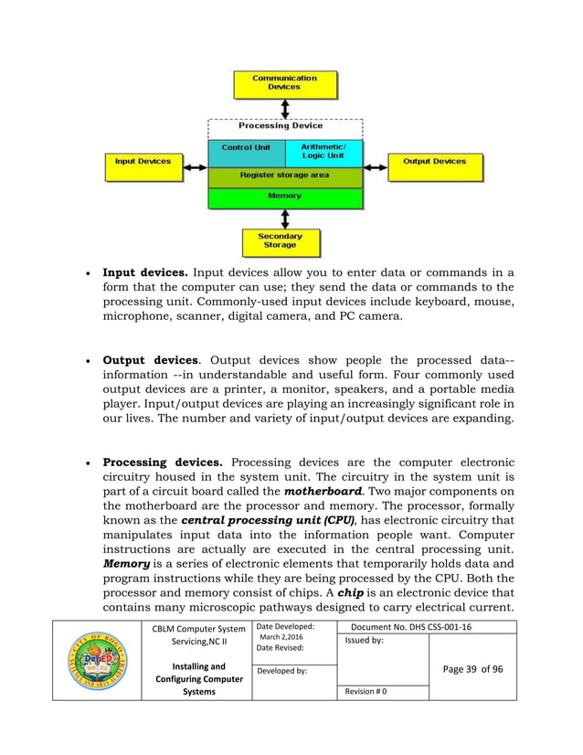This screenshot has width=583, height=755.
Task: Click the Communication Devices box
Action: pos(284,84)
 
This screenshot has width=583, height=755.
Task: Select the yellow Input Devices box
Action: pos(143,162)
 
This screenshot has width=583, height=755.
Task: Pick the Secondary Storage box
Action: pos(280,241)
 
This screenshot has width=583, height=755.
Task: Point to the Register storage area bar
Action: pos(284,175)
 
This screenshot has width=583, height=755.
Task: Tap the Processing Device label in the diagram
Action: pos(281,126)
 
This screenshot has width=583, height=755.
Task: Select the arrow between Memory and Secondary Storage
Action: pos(285,219)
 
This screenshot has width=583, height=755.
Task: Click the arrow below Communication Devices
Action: pos(285,109)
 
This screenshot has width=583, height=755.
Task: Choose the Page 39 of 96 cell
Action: pos(472,669)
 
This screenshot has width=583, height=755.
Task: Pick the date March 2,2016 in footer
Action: pos(282,637)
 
